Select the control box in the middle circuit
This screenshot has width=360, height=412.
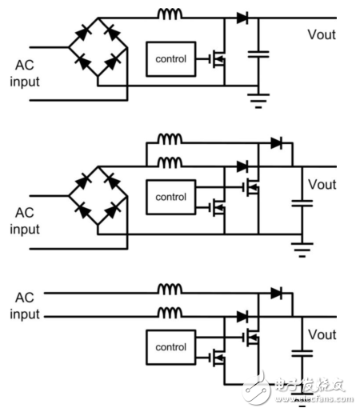pyautogui.click(x=171, y=197)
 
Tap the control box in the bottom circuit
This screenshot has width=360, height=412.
pyautogui.click(x=171, y=347)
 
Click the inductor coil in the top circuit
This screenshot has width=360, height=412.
pyautogui.click(x=170, y=14)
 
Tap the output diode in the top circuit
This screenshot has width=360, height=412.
pyautogui.click(x=242, y=17)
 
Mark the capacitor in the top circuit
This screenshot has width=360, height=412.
pyautogui.click(x=258, y=54)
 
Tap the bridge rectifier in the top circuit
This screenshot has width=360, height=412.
pyautogui.click(x=96, y=47)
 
